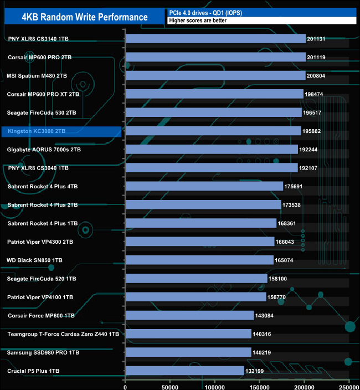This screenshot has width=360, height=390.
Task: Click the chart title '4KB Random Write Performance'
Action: [x=85, y=17]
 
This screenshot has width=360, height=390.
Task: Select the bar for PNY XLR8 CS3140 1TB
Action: [x=215, y=39]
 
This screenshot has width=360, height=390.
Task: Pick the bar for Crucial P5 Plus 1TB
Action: [x=185, y=371]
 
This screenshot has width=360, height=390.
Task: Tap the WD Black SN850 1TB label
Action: [x=34, y=260]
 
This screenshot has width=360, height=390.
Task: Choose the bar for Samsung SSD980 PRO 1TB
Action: [x=188, y=352]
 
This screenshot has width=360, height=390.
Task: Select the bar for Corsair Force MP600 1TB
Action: [x=190, y=315]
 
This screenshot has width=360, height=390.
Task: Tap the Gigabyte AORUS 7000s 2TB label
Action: [x=44, y=150]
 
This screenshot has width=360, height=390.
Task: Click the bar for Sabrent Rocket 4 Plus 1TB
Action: [x=201, y=223]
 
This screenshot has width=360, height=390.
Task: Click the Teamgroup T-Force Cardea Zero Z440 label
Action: [x=63, y=334]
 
